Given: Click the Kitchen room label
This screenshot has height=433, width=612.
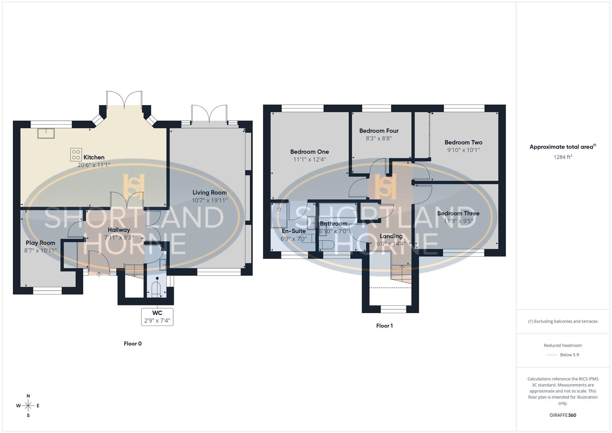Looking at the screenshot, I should (x=94, y=158).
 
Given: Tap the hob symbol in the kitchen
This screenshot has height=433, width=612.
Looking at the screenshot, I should (x=76, y=154).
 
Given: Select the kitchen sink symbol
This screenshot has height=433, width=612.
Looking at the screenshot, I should (x=46, y=133).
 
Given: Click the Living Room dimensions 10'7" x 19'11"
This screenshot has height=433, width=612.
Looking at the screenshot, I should (x=210, y=200).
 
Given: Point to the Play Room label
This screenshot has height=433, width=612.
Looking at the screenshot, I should (x=40, y=243).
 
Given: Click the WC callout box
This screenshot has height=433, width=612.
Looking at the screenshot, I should (x=157, y=317).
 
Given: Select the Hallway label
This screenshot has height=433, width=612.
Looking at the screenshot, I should (x=119, y=230).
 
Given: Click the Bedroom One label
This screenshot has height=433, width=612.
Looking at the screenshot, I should (x=309, y=152).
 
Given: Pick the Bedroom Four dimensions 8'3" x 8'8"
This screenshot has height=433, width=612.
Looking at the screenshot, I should (x=379, y=138).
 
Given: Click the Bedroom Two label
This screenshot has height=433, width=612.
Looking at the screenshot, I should (x=463, y=142).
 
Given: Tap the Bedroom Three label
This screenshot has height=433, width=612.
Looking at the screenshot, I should (x=458, y=214).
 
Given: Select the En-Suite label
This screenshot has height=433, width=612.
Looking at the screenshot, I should (x=293, y=231).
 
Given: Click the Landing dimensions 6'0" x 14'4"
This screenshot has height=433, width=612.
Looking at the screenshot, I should (x=391, y=243).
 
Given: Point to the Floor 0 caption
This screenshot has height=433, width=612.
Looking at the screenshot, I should (x=133, y=344).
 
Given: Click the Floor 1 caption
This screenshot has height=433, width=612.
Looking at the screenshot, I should (x=384, y=326).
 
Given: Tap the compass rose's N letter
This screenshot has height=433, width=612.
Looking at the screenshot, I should (x=28, y=396).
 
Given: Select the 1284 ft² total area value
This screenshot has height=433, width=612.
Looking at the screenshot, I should (x=563, y=157).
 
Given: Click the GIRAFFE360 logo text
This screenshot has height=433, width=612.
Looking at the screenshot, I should (x=563, y=415).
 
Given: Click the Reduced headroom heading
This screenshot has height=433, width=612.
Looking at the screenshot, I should (x=563, y=346).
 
